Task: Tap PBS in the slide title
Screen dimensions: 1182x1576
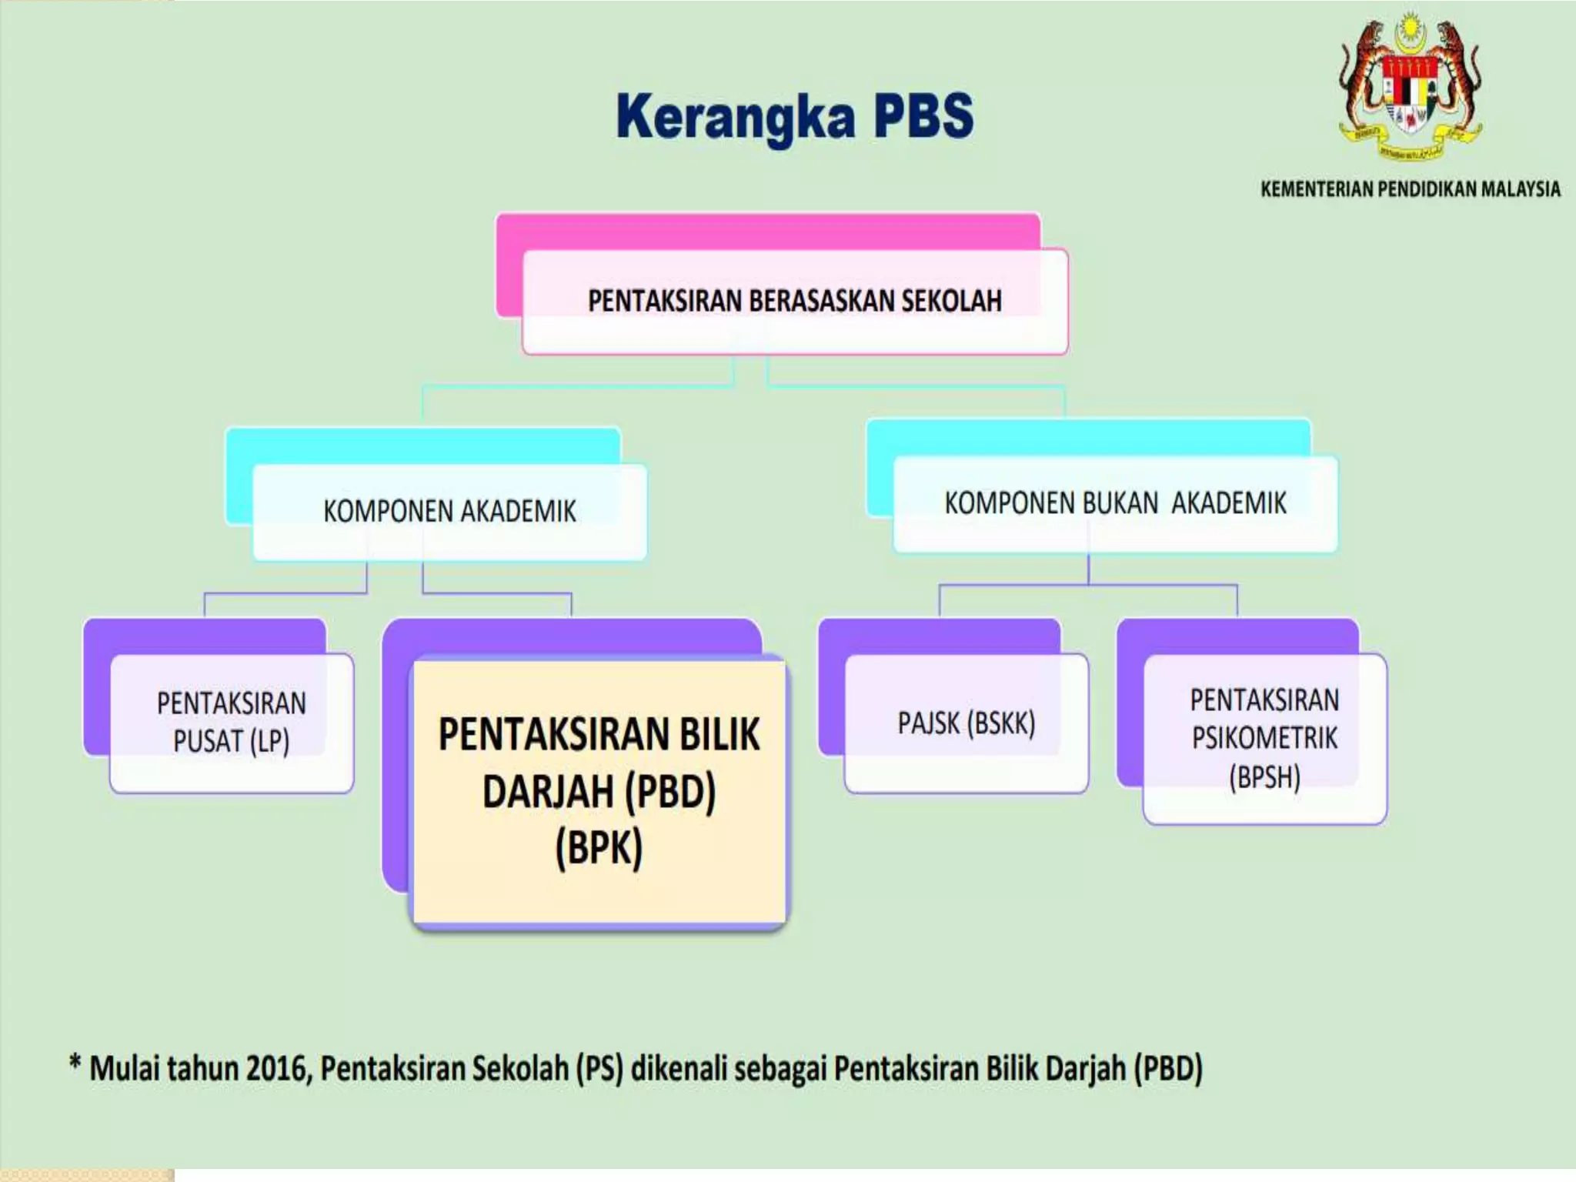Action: coord(923,115)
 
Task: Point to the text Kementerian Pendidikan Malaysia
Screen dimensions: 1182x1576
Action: coord(1410,189)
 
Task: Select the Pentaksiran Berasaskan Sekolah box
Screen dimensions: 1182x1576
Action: coord(794,301)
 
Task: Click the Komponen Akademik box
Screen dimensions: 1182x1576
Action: coord(449,512)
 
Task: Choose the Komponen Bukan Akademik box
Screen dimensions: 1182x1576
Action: coord(1114,504)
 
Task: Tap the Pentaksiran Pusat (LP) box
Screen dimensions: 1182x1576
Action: coord(231,723)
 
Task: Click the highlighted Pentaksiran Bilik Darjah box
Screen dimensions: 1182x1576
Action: coord(599,791)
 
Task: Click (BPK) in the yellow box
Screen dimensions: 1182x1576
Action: coord(599,849)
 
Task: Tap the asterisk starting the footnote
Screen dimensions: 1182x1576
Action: coord(75,1063)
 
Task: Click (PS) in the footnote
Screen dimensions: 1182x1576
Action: coord(599,1069)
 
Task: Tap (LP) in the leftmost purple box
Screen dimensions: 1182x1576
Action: coord(269,742)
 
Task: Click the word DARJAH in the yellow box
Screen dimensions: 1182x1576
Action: coord(548,792)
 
